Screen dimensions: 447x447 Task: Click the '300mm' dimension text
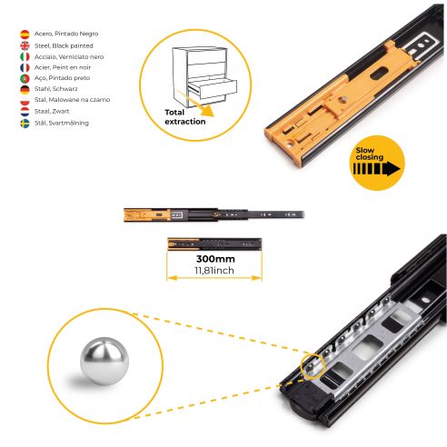click(x=214, y=258)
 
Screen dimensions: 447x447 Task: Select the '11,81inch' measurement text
click(x=214, y=269)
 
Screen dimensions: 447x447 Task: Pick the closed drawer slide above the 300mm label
click(x=214, y=243)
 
